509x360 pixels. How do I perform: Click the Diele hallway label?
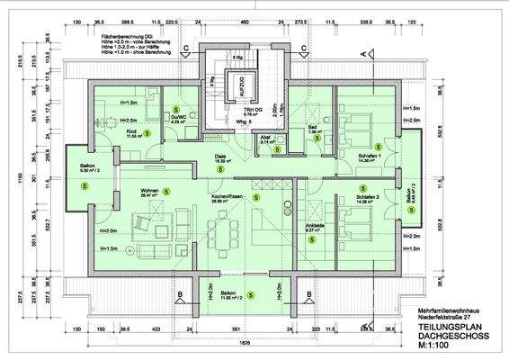coord(219,157)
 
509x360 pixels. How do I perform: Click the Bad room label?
coord(312,129)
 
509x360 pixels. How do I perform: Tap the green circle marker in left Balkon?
coord(84,186)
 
